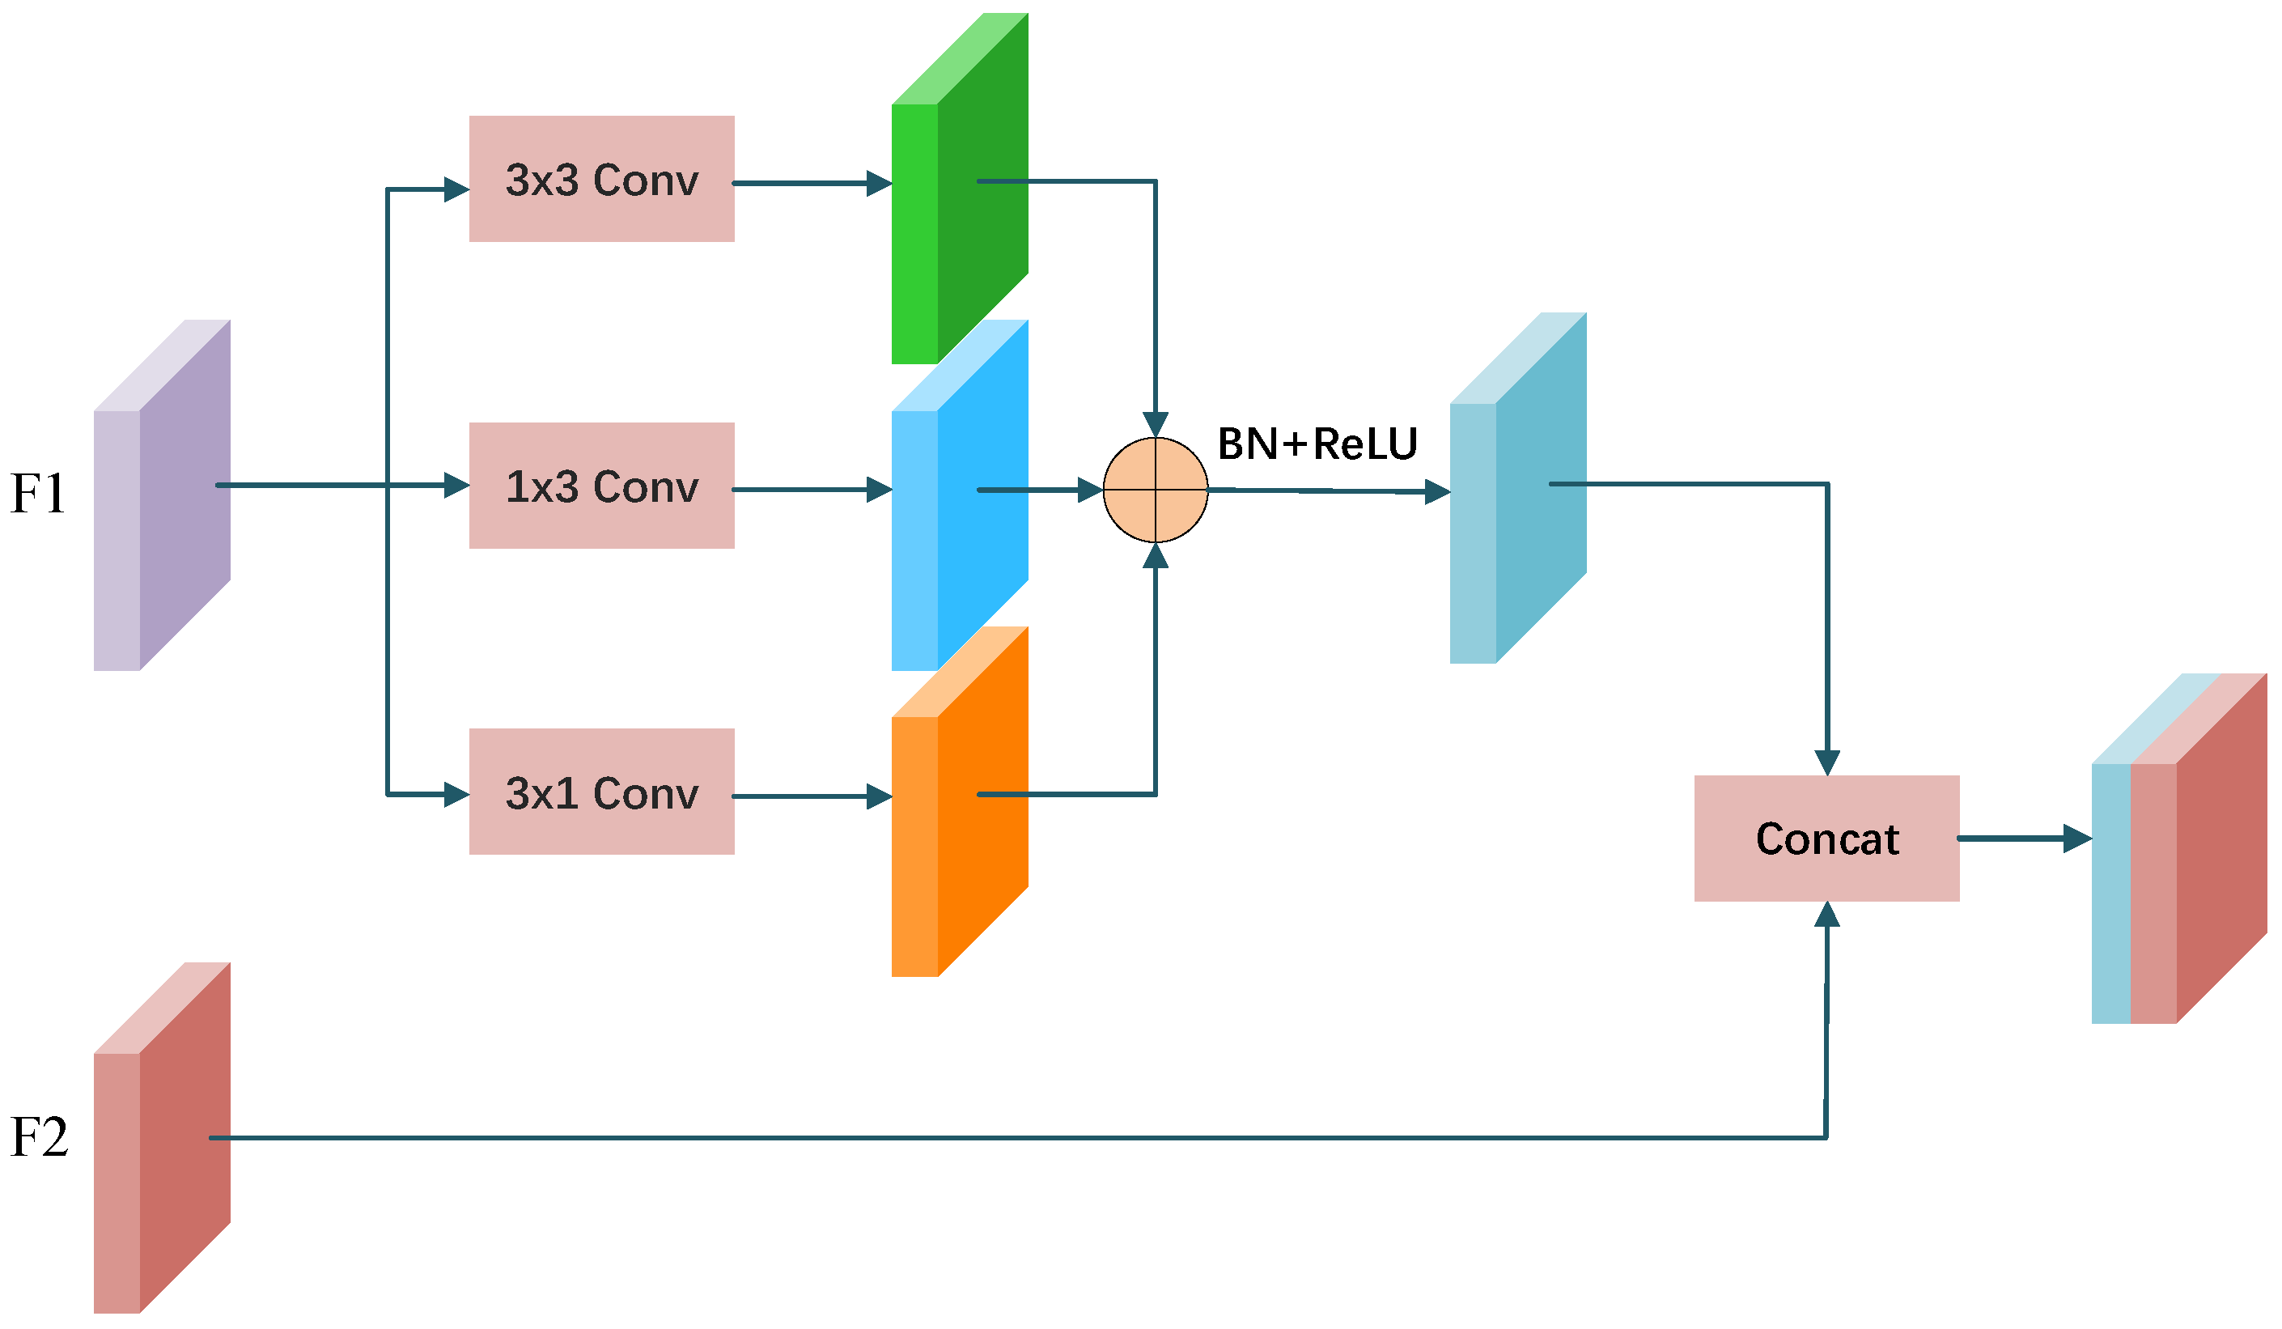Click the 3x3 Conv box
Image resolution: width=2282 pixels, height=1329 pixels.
[601, 179]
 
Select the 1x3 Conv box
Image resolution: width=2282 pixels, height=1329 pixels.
[601, 486]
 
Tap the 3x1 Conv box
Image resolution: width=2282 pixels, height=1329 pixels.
[601, 792]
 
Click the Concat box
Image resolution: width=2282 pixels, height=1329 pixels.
[1826, 839]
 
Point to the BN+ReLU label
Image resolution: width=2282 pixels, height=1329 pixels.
[1317, 444]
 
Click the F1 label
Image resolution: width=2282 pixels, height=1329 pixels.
[38, 494]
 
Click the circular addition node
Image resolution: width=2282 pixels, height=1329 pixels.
[1156, 490]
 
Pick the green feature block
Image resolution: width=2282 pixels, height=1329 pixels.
[960, 190]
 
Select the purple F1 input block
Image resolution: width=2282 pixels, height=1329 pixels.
[163, 496]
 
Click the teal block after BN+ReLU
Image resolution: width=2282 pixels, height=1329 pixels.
[1518, 489]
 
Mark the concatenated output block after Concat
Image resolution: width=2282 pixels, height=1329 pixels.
[2177, 850]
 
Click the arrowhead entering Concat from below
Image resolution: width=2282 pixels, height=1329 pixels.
[1826, 915]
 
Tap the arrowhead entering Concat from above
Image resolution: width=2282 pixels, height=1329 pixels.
[1827, 762]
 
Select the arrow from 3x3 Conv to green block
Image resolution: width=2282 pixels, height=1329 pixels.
[812, 183]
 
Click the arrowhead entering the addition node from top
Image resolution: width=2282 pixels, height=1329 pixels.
[1156, 424]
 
